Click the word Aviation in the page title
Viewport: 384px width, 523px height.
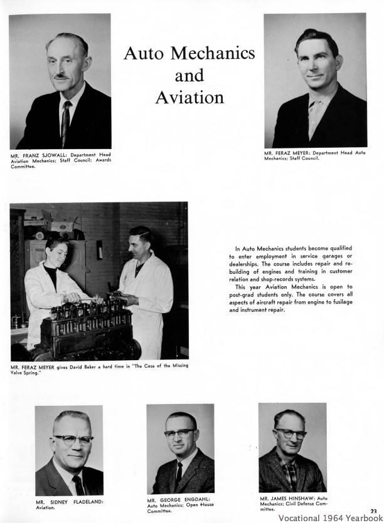point(189,97)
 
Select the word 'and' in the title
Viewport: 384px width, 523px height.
point(189,76)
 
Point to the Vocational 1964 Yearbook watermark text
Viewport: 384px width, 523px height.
point(330,518)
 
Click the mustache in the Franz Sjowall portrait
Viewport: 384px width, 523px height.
point(61,76)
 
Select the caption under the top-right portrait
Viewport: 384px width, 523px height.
point(314,155)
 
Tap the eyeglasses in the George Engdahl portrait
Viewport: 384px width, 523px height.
point(180,433)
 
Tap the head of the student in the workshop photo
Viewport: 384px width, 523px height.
point(57,246)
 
